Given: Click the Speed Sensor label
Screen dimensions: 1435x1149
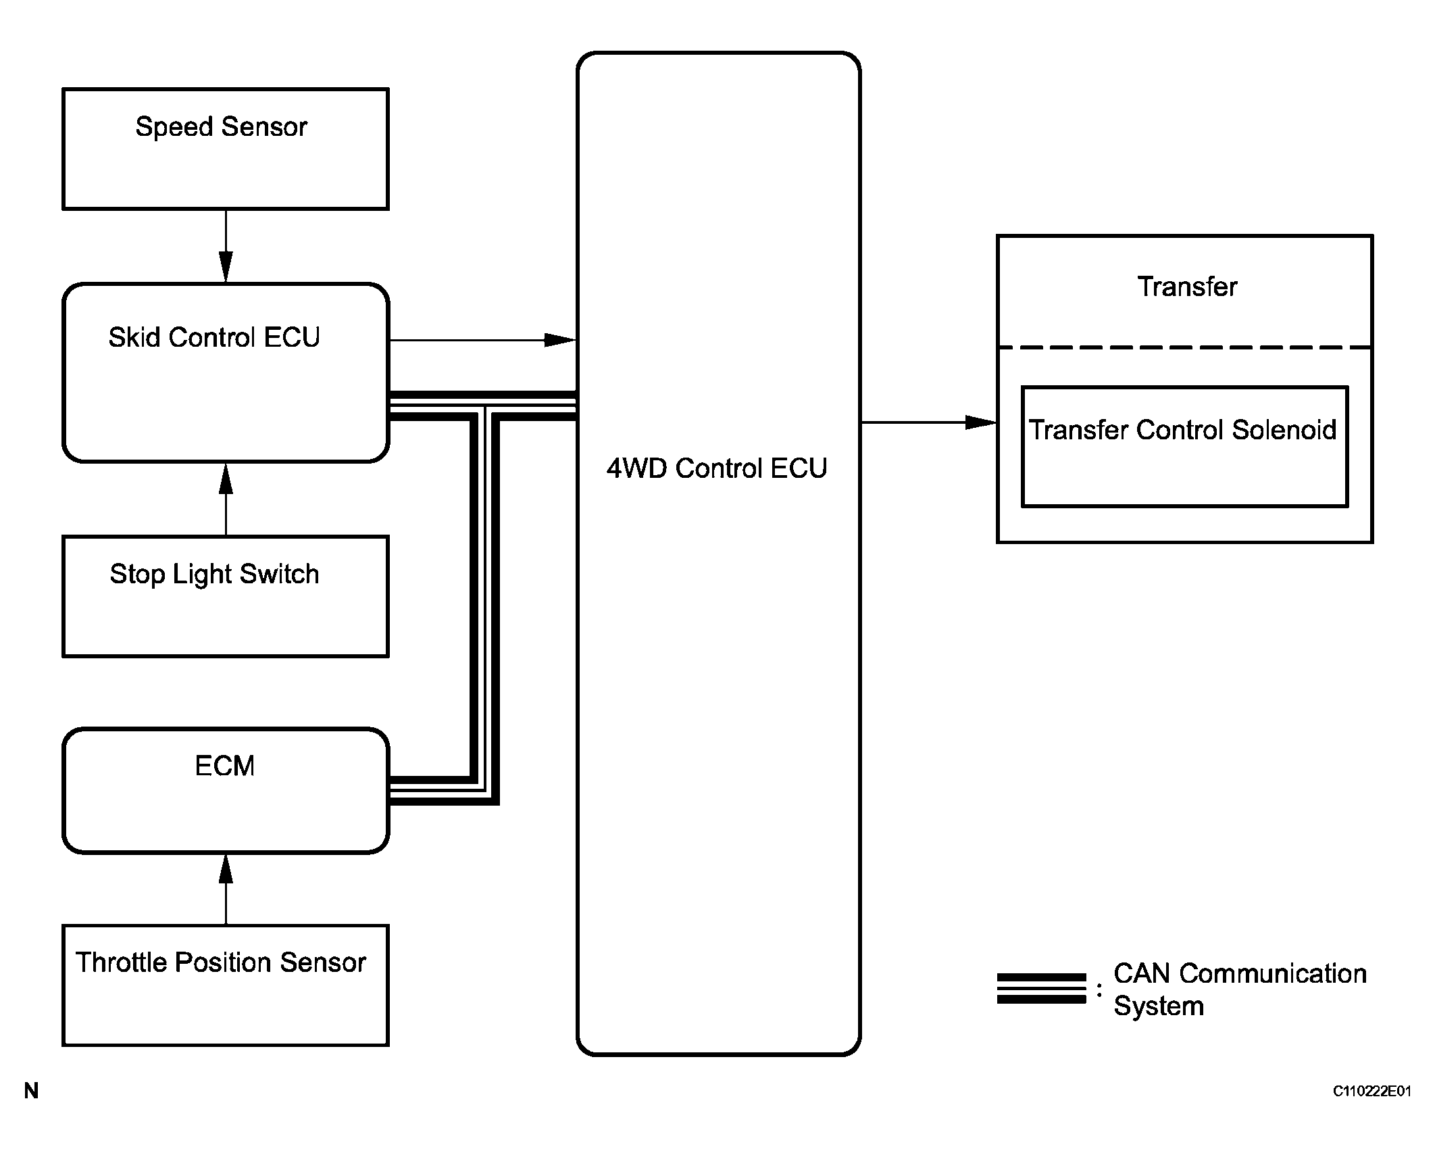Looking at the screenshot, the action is point(221,127).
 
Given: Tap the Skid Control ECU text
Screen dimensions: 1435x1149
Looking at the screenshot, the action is point(214,337).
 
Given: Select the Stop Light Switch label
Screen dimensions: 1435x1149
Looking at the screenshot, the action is point(214,574).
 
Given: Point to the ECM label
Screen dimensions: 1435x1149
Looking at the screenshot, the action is point(225,766).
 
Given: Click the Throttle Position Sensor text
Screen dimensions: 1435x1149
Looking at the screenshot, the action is point(221,962).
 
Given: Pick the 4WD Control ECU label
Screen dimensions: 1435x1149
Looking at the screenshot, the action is point(717,468).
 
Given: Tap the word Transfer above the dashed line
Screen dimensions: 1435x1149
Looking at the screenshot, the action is point(1187,287).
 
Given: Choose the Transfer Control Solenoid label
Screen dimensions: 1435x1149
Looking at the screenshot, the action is point(1182,430).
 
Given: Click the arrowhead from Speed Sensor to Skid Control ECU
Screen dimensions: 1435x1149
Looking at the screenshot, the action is point(226,266).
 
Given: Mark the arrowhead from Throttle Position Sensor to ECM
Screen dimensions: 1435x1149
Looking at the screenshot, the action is point(226,869).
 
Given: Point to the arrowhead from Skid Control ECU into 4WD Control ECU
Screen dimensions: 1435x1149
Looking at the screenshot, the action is point(560,340).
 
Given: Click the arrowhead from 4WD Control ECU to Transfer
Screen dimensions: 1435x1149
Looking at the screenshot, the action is point(981,422).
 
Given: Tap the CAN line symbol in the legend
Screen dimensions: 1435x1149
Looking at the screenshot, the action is point(1041,989).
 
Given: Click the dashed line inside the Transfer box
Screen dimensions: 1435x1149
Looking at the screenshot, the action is point(1185,347).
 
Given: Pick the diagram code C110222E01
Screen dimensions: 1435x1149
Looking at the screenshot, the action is point(1371,1110).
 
